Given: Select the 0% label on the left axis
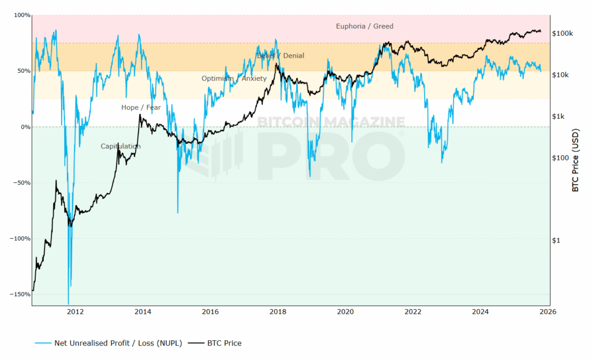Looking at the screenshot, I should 25,127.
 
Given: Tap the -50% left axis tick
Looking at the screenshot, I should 23,183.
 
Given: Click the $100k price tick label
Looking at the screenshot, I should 563,33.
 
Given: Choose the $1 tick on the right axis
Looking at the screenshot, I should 556,240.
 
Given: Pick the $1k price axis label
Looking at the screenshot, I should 558,117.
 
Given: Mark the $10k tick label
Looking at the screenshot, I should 560,75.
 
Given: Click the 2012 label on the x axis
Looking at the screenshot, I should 75,312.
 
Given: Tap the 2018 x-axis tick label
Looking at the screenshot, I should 278,312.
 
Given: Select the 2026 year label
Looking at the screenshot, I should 547,312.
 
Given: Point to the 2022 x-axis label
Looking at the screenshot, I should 413,312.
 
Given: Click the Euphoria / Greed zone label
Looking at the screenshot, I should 364,26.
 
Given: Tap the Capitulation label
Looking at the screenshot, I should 120,146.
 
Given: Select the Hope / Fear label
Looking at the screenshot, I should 141,107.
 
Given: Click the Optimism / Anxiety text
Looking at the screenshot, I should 234,78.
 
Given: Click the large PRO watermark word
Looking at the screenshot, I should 330,155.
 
